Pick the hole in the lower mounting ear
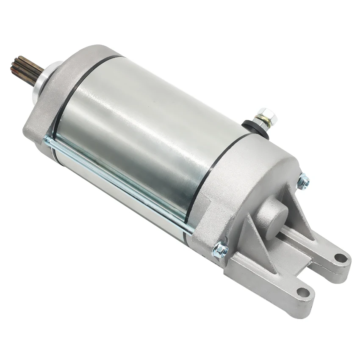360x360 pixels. coord(302,292)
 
